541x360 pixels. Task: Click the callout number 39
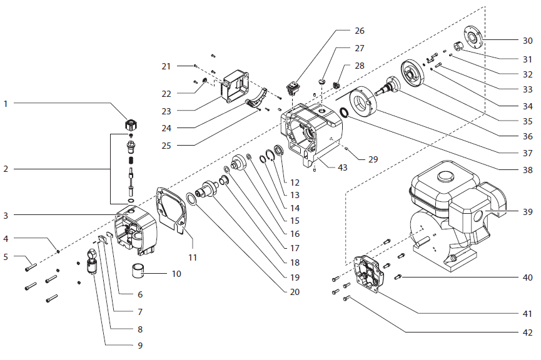(527, 212)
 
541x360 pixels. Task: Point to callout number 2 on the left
(6, 169)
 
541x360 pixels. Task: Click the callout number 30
(527, 40)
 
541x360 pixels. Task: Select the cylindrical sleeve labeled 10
(141, 272)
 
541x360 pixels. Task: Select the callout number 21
(166, 66)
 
